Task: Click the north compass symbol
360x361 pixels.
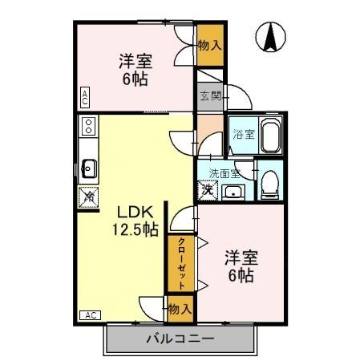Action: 273,36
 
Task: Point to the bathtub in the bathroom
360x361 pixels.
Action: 269,135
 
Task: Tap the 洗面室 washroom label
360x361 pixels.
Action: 224,172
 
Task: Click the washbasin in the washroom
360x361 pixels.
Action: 234,191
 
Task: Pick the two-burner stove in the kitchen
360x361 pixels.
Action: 88,127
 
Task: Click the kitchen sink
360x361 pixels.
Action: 88,168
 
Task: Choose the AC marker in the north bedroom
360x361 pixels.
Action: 84,98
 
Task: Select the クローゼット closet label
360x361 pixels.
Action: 182,263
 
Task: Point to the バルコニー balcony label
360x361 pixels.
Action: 180,338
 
